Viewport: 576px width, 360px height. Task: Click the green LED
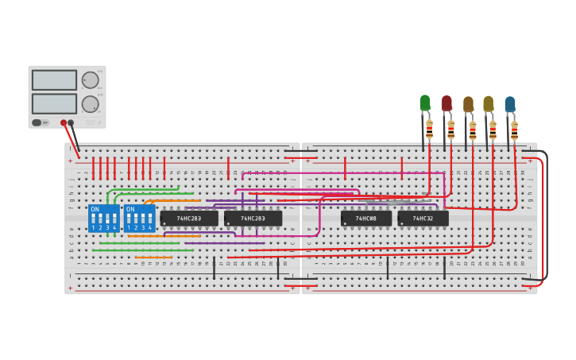click(425, 103)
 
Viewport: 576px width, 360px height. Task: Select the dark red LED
click(446, 103)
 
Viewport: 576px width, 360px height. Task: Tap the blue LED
click(510, 104)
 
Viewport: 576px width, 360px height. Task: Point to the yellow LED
click(488, 103)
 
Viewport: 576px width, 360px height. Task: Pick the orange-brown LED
click(468, 104)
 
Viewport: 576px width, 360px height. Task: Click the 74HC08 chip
click(366, 219)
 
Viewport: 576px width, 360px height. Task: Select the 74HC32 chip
click(423, 219)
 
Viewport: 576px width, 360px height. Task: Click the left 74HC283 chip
click(189, 219)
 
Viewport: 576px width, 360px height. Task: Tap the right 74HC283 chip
click(253, 219)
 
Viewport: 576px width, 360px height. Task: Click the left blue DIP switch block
click(103, 219)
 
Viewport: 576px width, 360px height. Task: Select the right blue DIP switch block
click(139, 219)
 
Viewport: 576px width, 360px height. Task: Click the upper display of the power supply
click(55, 80)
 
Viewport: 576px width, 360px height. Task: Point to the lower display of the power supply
click(55, 103)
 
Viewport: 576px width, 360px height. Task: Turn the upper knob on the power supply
click(91, 79)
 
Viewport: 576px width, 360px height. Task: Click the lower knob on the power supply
click(91, 104)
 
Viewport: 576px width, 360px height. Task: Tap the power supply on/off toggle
click(37, 122)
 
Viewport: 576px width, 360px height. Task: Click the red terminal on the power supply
click(64, 123)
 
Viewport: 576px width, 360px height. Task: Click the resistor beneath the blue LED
click(514, 130)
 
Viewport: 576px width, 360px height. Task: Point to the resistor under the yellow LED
click(493, 130)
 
